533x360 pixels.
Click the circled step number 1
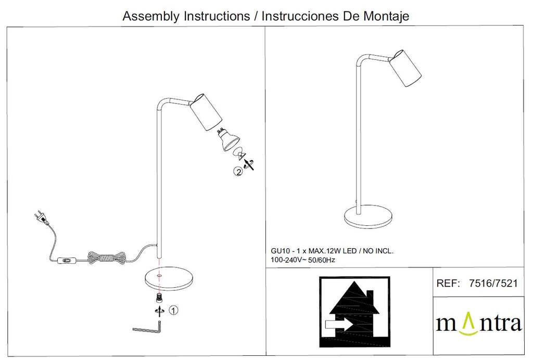coord(173,310)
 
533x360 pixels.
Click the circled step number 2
coord(238,172)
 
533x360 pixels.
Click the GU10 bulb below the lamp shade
coord(229,139)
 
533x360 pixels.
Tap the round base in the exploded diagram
coord(169,279)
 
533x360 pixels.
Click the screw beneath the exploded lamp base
coord(158,298)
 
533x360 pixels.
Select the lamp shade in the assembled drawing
coord(405,68)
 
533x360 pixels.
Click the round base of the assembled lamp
coord(368,217)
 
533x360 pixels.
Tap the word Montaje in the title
coord(386,16)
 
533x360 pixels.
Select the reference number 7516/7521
coord(493,283)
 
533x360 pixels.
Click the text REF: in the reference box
coord(448,283)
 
